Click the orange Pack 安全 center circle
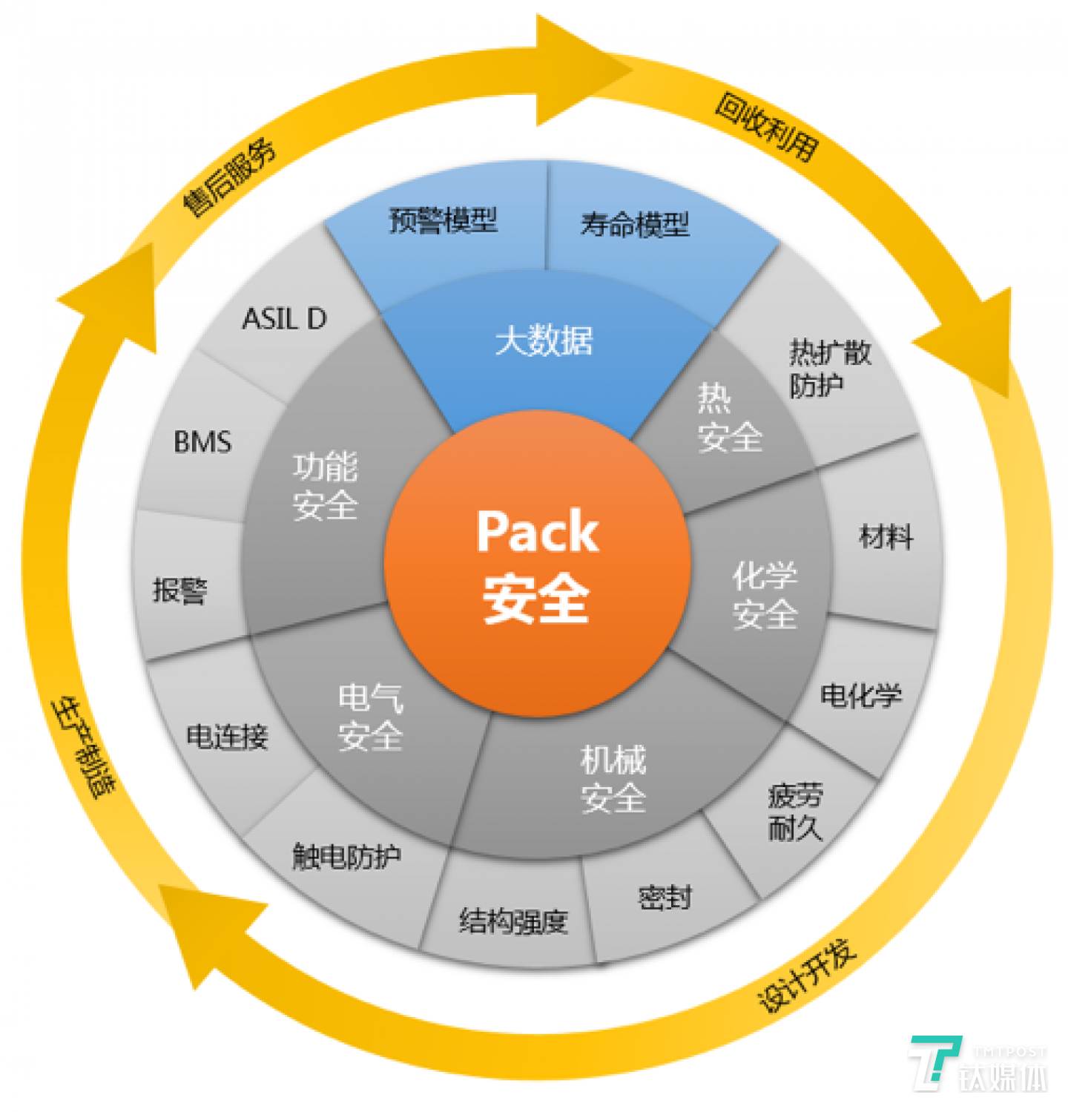pyautogui.click(x=537, y=564)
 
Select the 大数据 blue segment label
pyautogui.click(x=544, y=340)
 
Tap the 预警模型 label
pyautogui.click(x=443, y=220)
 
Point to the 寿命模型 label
pyautogui.click(x=635, y=224)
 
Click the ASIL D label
pyautogui.click(x=284, y=319)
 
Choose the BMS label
pyautogui.click(x=202, y=442)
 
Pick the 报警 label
pyautogui.click(x=180, y=590)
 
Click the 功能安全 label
pyautogui.click(x=326, y=486)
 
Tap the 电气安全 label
pyautogui.click(x=371, y=717)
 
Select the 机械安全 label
pyautogui.click(x=613, y=779)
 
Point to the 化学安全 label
pyautogui.click(x=765, y=595)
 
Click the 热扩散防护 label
pyautogui.click(x=829, y=368)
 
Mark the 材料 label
pyautogui.click(x=886, y=536)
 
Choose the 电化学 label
pyautogui.click(x=860, y=695)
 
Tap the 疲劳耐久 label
pyautogui.click(x=795, y=812)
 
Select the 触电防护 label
pyautogui.click(x=346, y=857)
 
